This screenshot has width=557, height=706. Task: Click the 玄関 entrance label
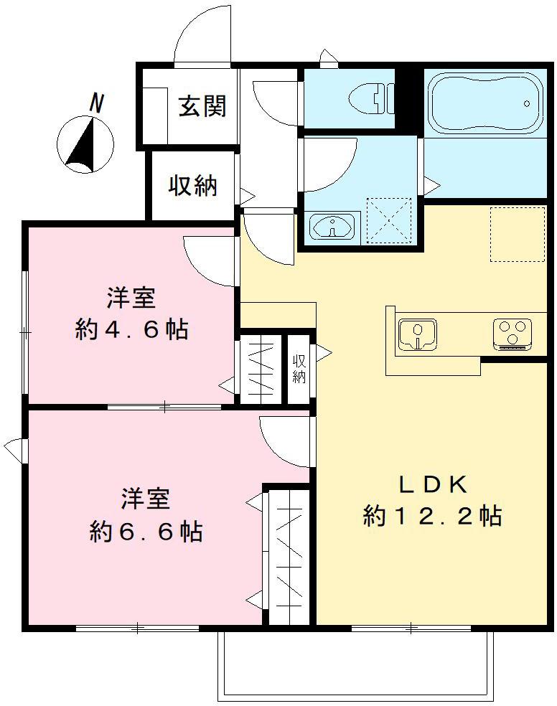click(x=203, y=105)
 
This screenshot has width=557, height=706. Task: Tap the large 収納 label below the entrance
click(x=192, y=186)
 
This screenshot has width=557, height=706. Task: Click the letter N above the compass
click(x=96, y=103)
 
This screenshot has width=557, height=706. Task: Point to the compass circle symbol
click(x=85, y=146)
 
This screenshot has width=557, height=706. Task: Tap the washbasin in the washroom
click(x=332, y=227)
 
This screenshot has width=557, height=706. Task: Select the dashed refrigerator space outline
click(x=517, y=234)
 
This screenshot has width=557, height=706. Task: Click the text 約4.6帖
click(x=131, y=329)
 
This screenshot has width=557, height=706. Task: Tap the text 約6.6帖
click(x=146, y=532)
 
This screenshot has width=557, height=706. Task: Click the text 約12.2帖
click(x=432, y=516)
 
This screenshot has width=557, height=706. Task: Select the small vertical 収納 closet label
click(x=299, y=369)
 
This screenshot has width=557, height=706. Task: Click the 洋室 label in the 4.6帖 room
click(x=132, y=296)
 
